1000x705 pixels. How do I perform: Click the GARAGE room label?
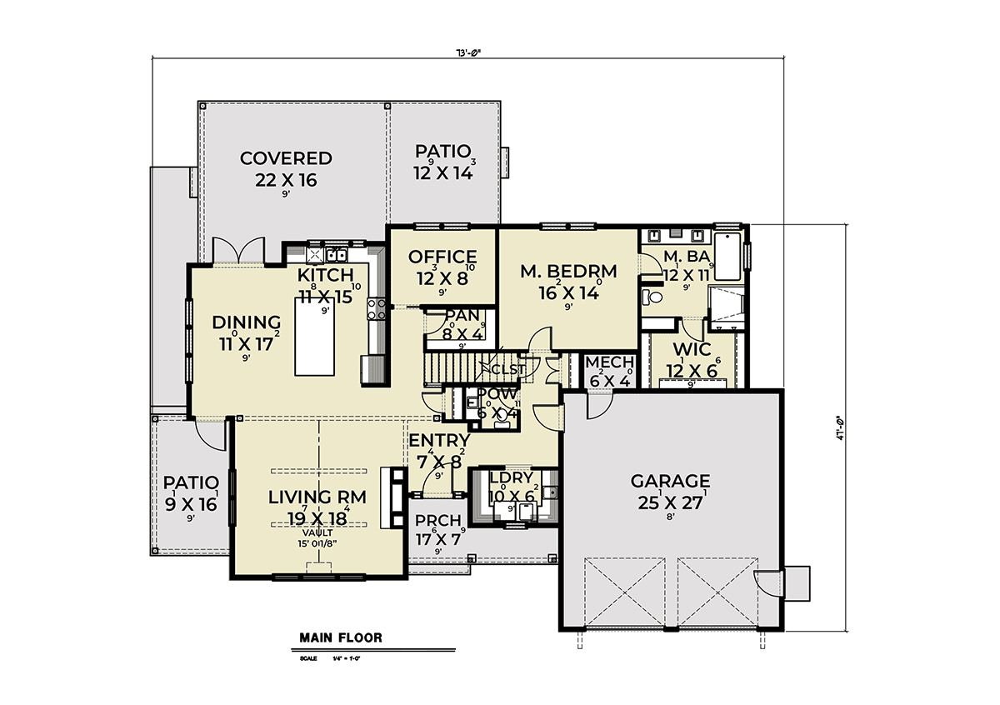[x=670, y=481]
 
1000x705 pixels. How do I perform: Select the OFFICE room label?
[x=442, y=257]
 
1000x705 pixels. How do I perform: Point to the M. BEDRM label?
[x=568, y=271]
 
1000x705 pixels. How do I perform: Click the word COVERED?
[x=286, y=158]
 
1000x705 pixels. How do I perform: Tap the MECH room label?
[x=609, y=362]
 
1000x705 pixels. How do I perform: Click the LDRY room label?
[x=511, y=478]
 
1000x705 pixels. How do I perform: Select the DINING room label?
[x=245, y=322]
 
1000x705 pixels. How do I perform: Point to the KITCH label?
[x=326, y=275]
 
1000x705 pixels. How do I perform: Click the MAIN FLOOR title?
[x=341, y=638]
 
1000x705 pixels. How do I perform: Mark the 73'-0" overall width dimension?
[x=469, y=52]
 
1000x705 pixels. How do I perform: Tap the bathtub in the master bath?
[x=727, y=257]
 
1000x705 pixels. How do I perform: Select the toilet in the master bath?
[x=652, y=296]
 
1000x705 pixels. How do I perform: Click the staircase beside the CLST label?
[x=453, y=366]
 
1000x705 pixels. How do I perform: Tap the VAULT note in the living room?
[x=317, y=532]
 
